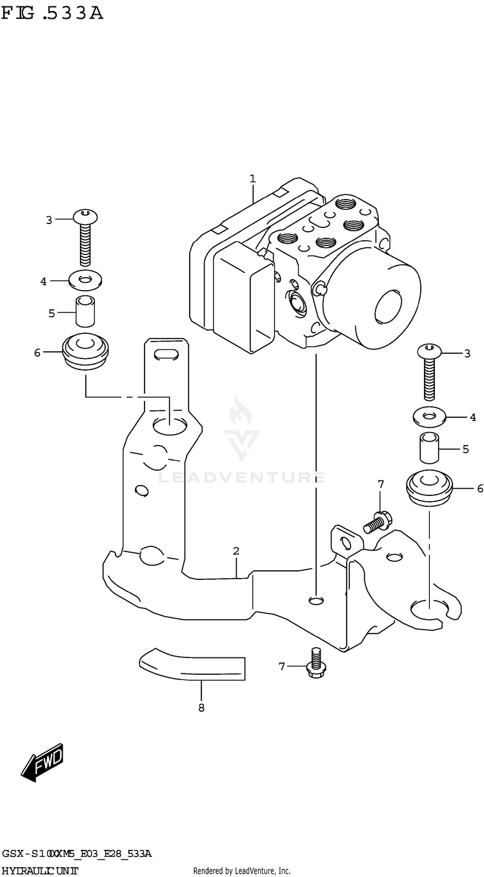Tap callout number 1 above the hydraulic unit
click(x=253, y=178)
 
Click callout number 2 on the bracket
click(x=236, y=551)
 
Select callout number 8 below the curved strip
click(x=201, y=708)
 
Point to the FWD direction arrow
click(x=42, y=761)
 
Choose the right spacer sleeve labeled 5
click(x=429, y=449)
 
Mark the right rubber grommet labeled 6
click(x=429, y=489)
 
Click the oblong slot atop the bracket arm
click(x=166, y=353)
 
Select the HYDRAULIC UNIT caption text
click(x=40, y=871)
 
